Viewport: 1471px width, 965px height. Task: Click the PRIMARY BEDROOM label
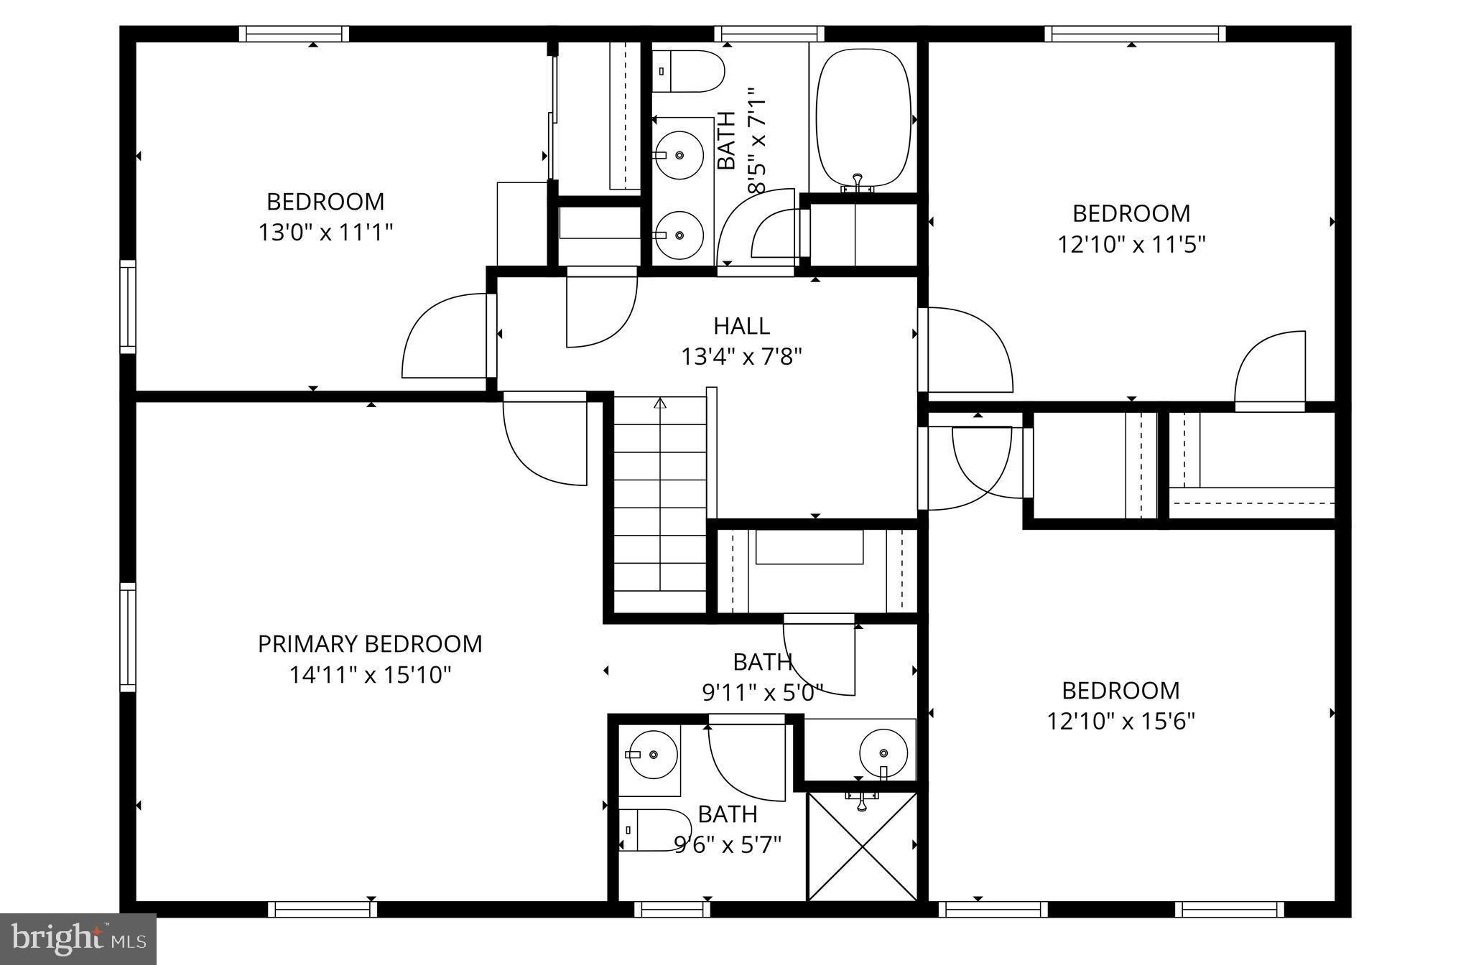coord(370,644)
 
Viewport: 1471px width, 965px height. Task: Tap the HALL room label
coord(741,326)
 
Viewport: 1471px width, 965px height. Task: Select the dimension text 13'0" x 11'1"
coord(325,233)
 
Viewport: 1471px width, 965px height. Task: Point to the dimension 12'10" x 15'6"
coord(1120,721)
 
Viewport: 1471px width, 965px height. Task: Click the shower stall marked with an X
coord(863,847)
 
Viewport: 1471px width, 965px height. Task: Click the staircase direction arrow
coord(660,404)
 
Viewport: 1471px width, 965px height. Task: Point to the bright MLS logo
coord(78,938)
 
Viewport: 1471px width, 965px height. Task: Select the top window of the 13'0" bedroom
coord(294,34)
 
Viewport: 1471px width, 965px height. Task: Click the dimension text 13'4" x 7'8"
coord(741,356)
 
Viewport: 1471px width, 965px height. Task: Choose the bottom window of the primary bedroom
coord(322,909)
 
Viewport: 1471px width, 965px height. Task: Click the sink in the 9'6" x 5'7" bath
coord(653,755)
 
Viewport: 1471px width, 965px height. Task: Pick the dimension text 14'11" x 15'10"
coord(370,675)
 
